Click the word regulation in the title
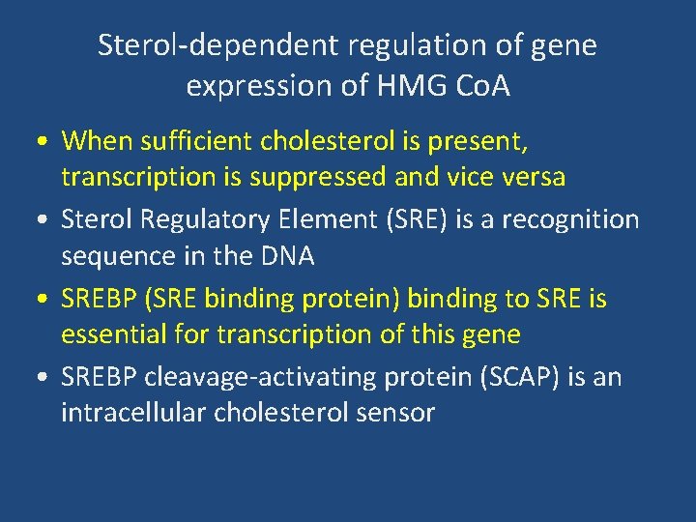click(x=405, y=45)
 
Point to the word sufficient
click(x=197, y=141)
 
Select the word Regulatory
click(x=202, y=219)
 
